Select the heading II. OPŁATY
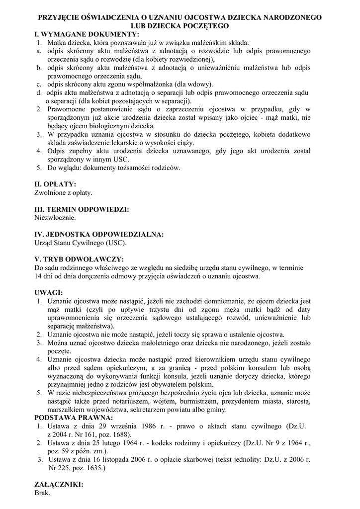[x=55, y=184]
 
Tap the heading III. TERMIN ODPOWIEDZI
[x=82, y=209]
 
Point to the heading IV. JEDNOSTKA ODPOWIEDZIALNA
[x=99, y=235]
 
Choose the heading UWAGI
[x=49, y=293]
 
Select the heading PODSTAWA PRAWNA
[x=73, y=418]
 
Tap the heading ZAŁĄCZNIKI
[x=59, y=484]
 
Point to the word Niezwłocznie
[x=55, y=218]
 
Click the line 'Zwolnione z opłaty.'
[x=63, y=192]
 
